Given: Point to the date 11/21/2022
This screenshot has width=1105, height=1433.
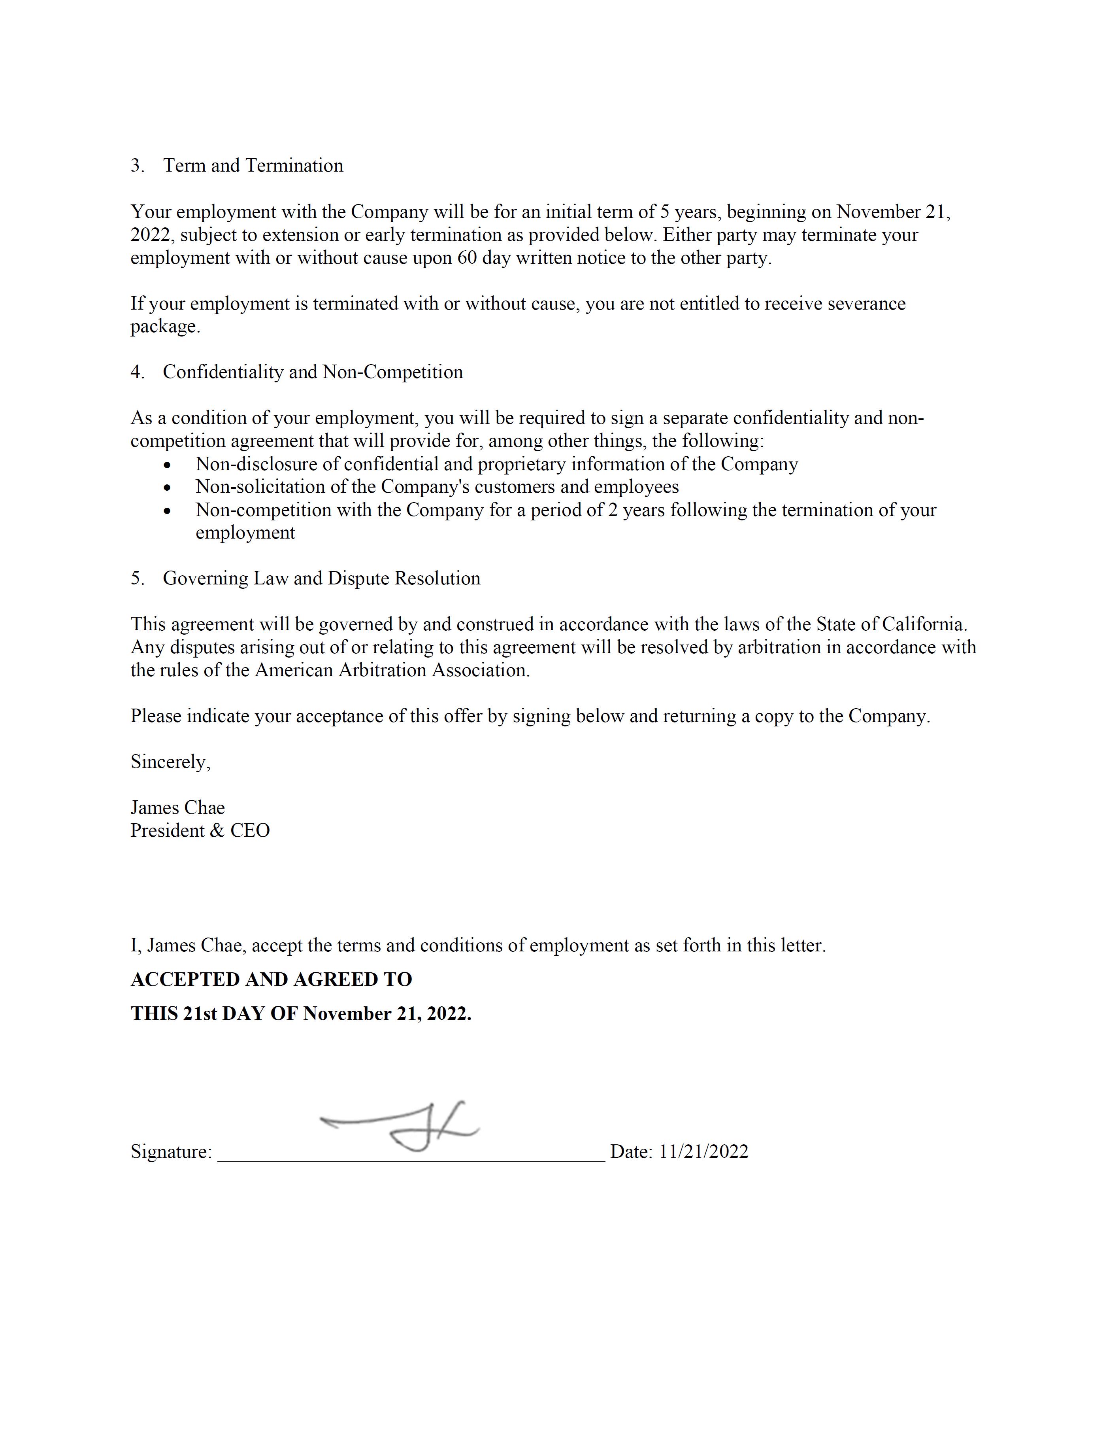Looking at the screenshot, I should coord(703,1151).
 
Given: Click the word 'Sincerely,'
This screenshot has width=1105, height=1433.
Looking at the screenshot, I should coord(170,762).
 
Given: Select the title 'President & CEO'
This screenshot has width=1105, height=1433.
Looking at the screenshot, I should coord(200,831).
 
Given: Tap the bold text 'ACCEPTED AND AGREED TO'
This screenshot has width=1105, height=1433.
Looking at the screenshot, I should coord(272,979).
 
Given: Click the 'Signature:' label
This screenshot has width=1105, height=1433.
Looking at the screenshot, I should coord(171,1151).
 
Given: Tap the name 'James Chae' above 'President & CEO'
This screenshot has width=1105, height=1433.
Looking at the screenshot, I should coord(178,808).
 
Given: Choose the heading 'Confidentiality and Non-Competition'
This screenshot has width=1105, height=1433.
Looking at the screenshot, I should coord(313,372).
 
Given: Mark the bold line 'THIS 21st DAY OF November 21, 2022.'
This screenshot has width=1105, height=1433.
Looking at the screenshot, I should coord(301,1014).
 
